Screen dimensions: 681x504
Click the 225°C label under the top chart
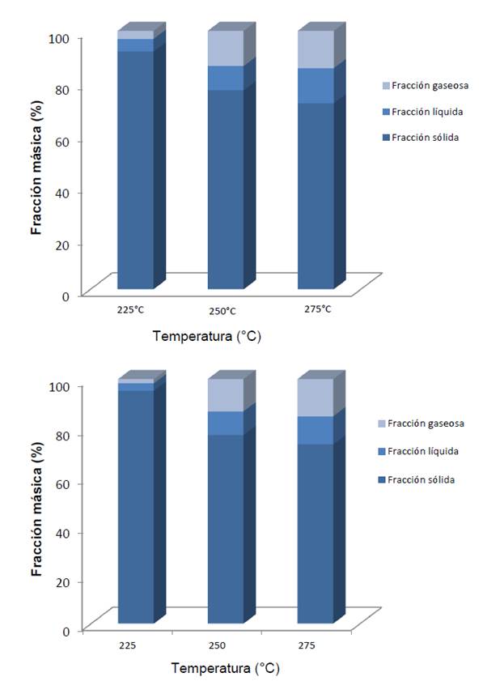coord(129,309)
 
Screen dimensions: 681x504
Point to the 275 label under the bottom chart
coord(316,646)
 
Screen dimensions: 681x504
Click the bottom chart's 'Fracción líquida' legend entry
coord(426,451)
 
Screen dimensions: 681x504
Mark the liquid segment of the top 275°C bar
coord(316,86)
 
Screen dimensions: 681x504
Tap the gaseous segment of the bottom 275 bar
coord(316,398)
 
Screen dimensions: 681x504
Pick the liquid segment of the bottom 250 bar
coord(226,423)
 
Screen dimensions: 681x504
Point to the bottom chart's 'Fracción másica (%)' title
coord(37,506)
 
